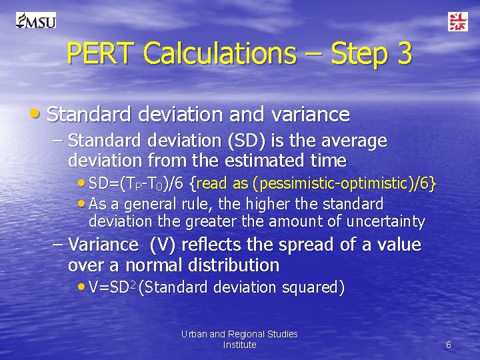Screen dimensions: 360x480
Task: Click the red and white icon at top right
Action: click(x=457, y=21)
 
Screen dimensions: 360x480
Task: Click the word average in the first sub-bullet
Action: click(x=353, y=141)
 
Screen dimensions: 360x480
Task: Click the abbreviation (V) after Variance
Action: click(x=163, y=245)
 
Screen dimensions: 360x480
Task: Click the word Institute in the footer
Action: click(x=239, y=345)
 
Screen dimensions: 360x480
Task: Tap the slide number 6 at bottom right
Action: click(x=448, y=345)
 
